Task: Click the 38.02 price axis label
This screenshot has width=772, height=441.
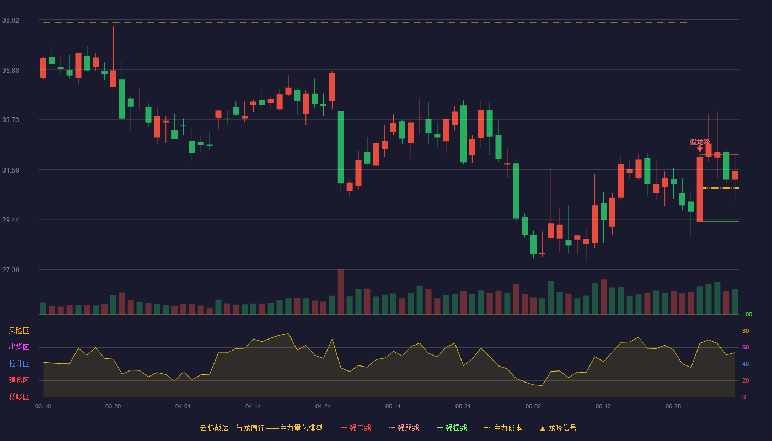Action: click(x=10, y=20)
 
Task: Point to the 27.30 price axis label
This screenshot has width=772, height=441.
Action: click(x=10, y=270)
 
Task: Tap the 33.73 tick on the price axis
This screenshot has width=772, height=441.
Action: click(x=10, y=120)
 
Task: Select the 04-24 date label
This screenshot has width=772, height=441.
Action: click(x=323, y=407)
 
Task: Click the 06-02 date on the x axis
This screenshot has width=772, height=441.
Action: click(x=533, y=407)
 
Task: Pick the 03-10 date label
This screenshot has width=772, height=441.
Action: click(x=43, y=407)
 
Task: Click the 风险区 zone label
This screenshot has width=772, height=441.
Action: click(x=19, y=331)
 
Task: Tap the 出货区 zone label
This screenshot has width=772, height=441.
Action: click(x=19, y=347)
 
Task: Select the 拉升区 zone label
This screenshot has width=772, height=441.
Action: click(x=19, y=363)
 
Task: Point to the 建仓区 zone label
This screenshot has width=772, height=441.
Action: click(x=19, y=380)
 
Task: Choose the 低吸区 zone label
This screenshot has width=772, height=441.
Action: click(x=19, y=396)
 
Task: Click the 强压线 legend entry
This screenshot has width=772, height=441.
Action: click(x=356, y=428)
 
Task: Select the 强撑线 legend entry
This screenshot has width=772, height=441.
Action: click(x=452, y=428)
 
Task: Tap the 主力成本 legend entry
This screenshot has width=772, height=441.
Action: click(x=503, y=428)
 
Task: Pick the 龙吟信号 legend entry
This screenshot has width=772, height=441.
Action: click(x=558, y=428)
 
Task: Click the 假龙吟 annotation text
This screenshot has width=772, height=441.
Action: click(x=700, y=142)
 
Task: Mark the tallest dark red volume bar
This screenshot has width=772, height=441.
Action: click(x=341, y=292)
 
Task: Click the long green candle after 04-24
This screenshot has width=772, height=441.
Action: click(x=341, y=147)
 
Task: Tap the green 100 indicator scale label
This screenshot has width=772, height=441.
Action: click(x=747, y=314)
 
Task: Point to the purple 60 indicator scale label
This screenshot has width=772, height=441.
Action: click(x=746, y=347)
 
